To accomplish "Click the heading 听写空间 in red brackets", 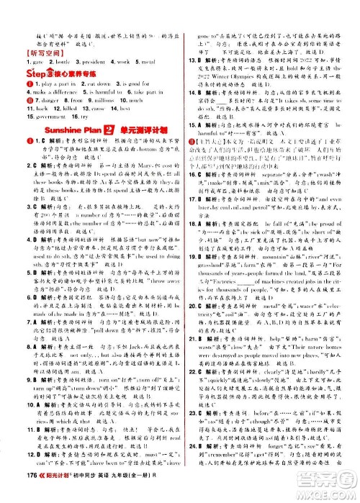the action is point(27,34).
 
